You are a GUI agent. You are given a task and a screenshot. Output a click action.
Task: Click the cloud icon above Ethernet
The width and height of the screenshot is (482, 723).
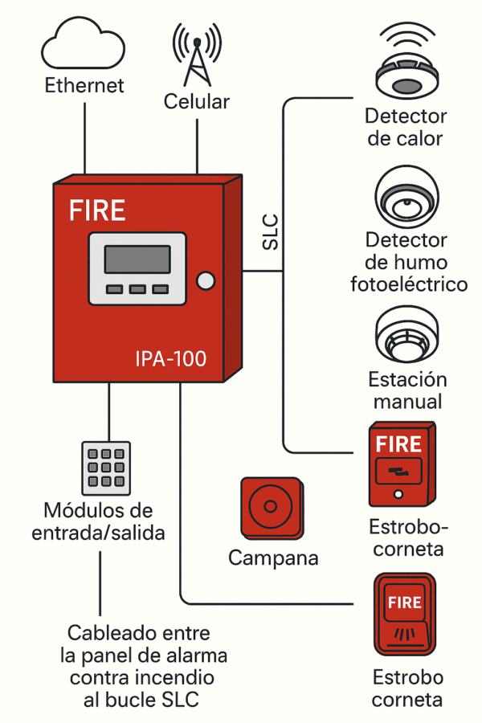84,46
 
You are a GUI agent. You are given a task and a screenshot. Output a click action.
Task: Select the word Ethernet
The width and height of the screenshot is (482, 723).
84,85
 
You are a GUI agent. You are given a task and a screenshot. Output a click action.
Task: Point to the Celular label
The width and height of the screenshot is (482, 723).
197,102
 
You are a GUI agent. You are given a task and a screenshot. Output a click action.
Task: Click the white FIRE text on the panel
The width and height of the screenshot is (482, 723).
97,210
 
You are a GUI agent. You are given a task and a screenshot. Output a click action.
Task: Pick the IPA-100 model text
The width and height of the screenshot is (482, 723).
170,358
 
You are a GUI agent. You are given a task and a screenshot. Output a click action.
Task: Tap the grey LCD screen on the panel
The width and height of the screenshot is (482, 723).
137,259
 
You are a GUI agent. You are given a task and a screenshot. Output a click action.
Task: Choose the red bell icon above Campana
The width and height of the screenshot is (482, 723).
272,508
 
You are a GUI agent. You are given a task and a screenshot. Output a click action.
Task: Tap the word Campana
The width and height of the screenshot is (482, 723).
273,558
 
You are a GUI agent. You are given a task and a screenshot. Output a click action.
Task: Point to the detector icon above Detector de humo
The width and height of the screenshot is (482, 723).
406,197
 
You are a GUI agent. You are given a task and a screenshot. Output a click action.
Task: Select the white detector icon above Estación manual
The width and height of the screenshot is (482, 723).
406,334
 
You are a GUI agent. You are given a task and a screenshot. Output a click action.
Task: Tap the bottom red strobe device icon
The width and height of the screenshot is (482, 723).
405,615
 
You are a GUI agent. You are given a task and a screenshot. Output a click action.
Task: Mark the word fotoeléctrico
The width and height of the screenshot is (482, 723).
409,284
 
